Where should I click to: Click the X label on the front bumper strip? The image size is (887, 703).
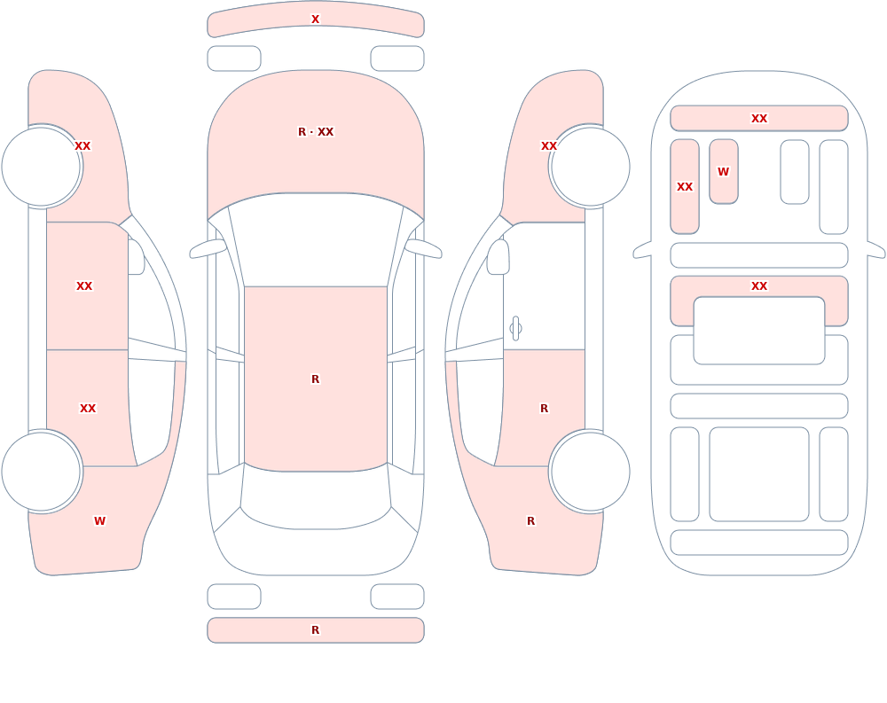(x=315, y=20)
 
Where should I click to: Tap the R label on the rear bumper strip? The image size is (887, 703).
(x=315, y=630)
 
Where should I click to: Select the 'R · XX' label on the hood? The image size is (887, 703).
(x=316, y=132)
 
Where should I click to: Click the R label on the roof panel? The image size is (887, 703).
(x=315, y=379)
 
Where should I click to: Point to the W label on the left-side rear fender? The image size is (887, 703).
(x=99, y=521)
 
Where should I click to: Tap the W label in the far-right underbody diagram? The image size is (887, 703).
(x=723, y=171)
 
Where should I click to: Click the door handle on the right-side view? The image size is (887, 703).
(x=515, y=329)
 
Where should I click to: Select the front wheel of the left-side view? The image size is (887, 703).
(x=42, y=167)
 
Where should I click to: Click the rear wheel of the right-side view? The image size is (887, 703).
(x=590, y=472)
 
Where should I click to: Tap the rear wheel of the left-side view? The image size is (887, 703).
(x=42, y=472)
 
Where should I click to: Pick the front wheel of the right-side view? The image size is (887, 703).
(x=590, y=167)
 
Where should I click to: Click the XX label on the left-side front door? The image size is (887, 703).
(x=84, y=286)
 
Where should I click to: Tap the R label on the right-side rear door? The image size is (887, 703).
(x=545, y=409)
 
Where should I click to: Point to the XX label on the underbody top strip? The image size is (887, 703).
(x=759, y=119)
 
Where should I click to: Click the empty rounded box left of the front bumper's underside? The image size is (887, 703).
(x=234, y=59)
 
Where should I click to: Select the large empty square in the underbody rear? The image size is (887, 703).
(x=759, y=474)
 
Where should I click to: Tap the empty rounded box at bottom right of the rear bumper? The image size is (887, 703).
(x=397, y=597)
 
